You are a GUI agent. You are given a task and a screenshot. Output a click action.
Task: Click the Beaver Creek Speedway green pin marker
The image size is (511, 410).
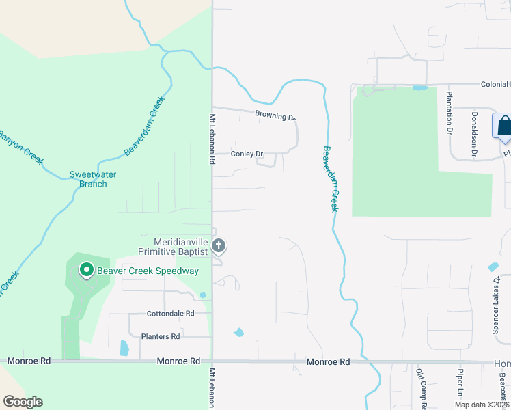[x=87, y=271]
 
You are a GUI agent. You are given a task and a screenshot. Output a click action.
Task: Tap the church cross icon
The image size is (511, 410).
[x=219, y=245]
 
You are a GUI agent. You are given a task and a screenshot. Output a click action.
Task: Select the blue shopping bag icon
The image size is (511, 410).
[x=503, y=126]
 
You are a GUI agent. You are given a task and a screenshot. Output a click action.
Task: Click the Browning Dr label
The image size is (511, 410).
[x=274, y=115]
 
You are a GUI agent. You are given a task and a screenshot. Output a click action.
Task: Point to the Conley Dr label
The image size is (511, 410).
[x=247, y=154]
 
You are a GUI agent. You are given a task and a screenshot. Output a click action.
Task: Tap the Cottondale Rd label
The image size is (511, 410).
[x=170, y=314]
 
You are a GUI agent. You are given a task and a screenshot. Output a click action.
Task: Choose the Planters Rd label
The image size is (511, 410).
[x=160, y=336]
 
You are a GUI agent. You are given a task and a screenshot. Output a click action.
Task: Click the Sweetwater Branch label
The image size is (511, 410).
[x=93, y=179]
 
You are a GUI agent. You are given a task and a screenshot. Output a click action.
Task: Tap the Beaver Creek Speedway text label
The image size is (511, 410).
[x=148, y=271]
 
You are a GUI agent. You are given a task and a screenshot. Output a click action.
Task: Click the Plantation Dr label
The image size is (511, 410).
[x=450, y=111]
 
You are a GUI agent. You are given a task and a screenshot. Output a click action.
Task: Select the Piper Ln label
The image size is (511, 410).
[x=460, y=384]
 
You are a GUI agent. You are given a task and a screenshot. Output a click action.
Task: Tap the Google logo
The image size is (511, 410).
[x=23, y=402]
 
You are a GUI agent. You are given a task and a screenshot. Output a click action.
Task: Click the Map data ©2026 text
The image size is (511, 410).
[x=480, y=405]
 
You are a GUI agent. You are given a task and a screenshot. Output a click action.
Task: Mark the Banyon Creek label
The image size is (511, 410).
[x=21, y=146]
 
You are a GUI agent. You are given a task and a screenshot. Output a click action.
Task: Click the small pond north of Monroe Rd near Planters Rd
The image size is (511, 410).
[x=124, y=348]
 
